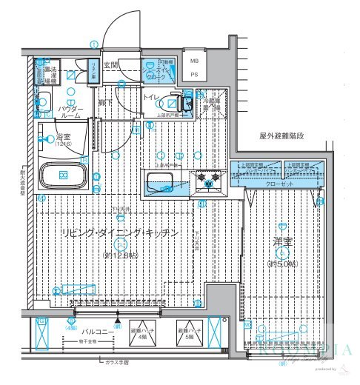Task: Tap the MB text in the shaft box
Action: point(195,62)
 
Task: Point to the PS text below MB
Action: point(195,74)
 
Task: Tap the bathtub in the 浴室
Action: point(64,176)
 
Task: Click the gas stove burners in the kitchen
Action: point(209,179)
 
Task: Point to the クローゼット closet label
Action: point(279,178)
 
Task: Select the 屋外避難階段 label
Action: point(281,136)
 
